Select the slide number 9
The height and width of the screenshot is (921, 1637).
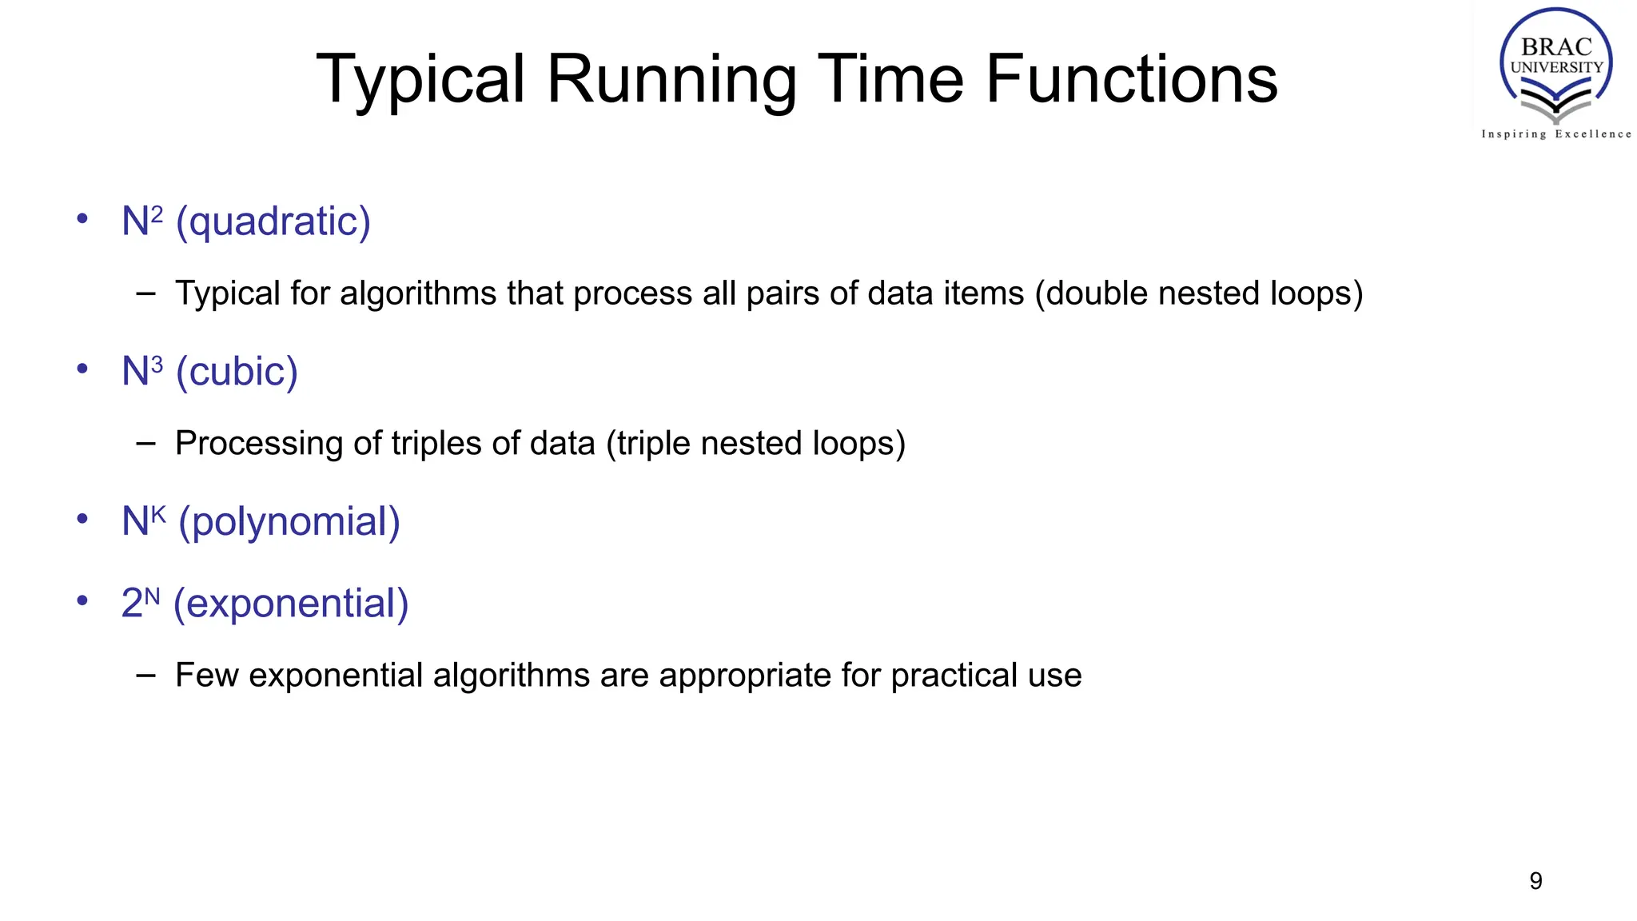click(1535, 881)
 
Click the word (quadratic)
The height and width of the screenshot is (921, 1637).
click(273, 222)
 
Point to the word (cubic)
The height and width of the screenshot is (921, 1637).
click(237, 373)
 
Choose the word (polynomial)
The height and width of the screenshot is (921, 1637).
click(289, 523)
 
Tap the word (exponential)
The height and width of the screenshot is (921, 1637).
click(291, 604)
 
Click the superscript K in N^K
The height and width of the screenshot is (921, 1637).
click(158, 513)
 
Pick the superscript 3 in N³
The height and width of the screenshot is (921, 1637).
click(157, 365)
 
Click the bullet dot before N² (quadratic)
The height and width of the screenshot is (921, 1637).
click(82, 219)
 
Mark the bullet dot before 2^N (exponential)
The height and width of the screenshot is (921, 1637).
click(82, 600)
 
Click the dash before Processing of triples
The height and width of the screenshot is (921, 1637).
click(145, 444)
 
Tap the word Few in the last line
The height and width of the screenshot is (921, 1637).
click(206, 676)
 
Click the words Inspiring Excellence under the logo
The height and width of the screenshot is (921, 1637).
click(1555, 134)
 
